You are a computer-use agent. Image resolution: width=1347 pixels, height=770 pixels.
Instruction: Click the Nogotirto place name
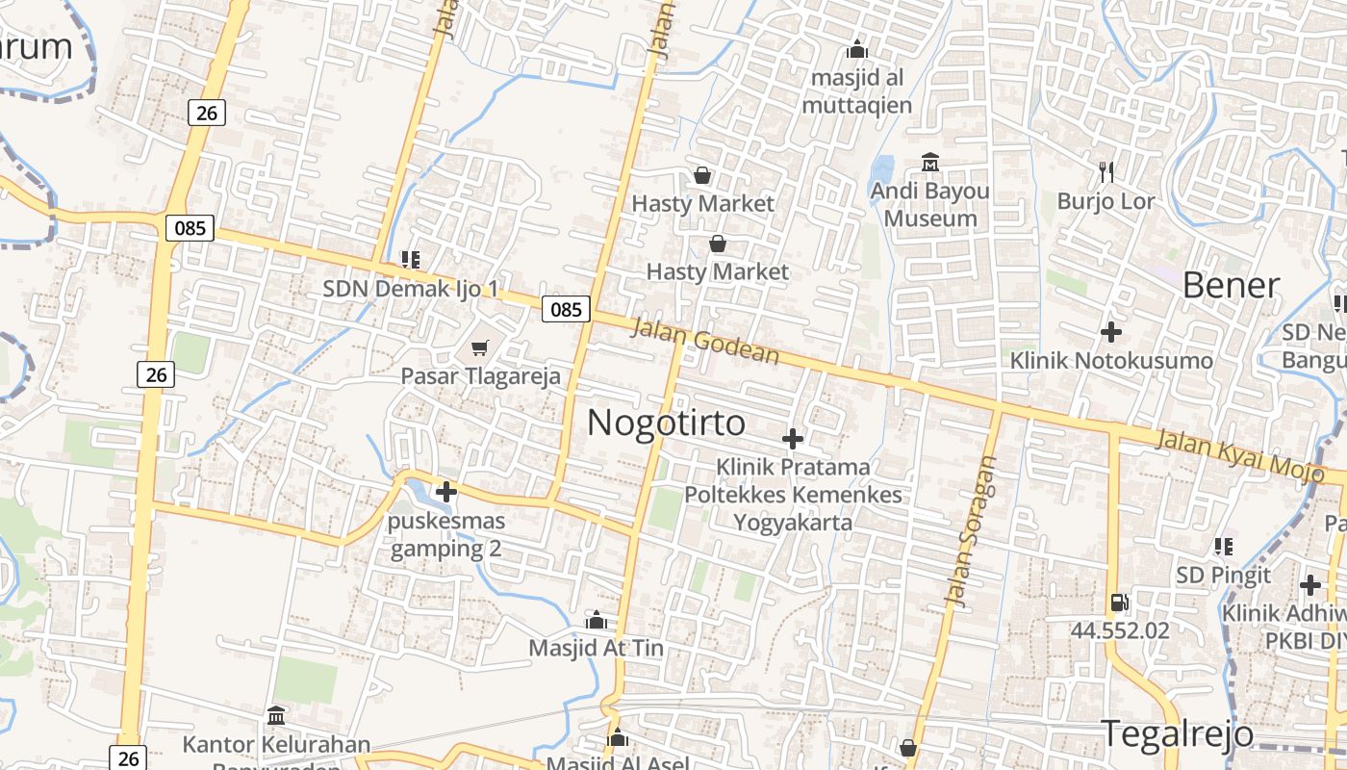coord(666,423)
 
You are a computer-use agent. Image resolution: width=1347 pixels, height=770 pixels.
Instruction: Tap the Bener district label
coord(1231,286)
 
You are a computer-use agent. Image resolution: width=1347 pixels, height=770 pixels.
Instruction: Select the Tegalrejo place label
coord(1177,734)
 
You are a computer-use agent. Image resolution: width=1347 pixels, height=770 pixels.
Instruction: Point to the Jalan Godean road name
coord(705,342)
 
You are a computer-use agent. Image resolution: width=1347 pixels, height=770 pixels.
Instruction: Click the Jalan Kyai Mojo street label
coord(1249,454)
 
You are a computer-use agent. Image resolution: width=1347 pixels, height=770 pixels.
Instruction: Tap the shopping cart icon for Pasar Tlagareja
coord(479,348)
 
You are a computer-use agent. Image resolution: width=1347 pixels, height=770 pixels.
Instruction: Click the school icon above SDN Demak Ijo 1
coord(411,259)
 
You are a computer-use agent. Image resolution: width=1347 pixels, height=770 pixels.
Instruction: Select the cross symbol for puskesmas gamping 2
coord(446,492)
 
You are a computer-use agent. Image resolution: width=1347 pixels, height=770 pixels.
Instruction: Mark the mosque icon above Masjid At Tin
coord(597,620)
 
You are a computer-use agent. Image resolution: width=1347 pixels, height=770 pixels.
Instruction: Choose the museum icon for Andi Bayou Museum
coord(930,163)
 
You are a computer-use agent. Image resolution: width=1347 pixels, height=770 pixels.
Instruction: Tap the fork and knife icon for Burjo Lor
coord(1106,172)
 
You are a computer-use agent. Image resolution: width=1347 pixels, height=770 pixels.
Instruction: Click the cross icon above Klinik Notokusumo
coord(1111,332)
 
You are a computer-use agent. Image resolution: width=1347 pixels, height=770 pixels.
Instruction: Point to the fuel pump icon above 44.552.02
coord(1119,603)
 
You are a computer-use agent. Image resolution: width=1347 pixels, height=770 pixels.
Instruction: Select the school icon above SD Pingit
coord(1224,547)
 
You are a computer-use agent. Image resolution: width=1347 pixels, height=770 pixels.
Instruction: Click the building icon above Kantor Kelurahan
coord(276,716)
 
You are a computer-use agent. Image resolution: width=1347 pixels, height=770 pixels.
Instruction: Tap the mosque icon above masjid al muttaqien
coord(857,49)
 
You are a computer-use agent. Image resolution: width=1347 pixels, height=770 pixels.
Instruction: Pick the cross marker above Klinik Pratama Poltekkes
coord(793,439)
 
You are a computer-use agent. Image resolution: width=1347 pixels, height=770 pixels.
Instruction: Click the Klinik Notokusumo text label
coord(1111,361)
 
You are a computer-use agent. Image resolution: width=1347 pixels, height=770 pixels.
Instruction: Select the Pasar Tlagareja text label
coord(480,376)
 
